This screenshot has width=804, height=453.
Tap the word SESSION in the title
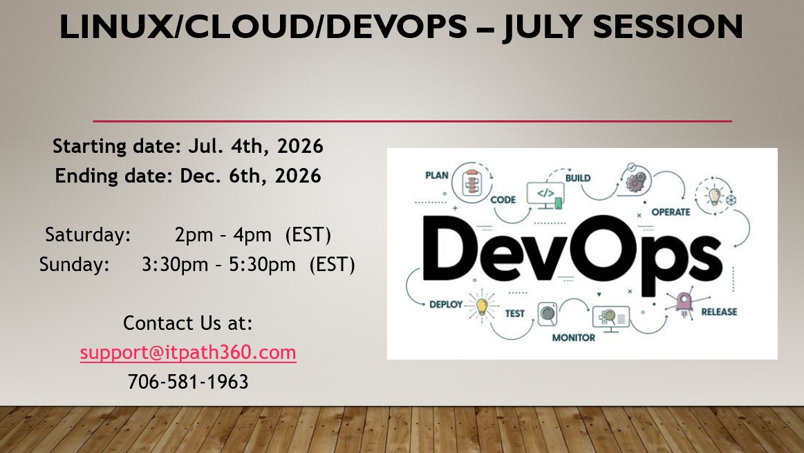coord(668,26)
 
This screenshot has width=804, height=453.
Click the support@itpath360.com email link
coord(188,353)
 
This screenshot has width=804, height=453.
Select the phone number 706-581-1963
coord(188,382)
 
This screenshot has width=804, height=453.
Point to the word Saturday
coord(88,235)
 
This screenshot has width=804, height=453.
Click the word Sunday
coord(75,265)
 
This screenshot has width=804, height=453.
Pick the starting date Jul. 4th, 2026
coord(256,146)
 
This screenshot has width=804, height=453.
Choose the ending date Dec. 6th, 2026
coord(250,176)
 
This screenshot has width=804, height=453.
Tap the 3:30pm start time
coord(175,265)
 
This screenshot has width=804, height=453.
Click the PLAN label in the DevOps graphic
coord(437,176)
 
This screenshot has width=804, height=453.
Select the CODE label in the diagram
coord(503,200)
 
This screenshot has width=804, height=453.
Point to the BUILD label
coord(578,178)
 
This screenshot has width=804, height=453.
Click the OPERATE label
coord(671,212)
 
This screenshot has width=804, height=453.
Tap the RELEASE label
coord(719,312)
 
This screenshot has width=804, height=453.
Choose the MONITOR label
coord(574,338)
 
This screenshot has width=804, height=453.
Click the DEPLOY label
coord(446,304)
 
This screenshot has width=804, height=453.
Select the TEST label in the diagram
coord(515,313)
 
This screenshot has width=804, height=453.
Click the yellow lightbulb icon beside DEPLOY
coord(481,306)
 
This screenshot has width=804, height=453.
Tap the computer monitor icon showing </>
coord(545,196)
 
